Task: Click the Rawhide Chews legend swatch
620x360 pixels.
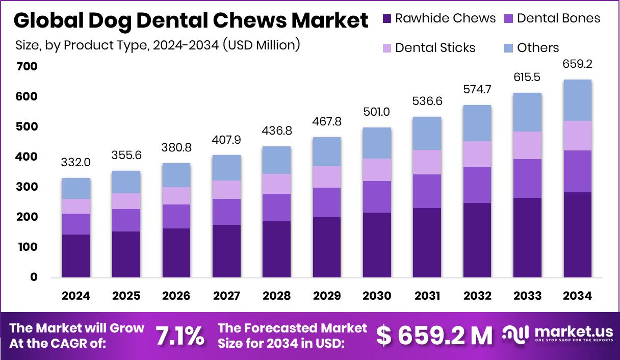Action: (x=386, y=19)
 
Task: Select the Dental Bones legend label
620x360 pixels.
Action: (x=558, y=19)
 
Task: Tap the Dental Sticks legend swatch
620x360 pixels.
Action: (x=386, y=48)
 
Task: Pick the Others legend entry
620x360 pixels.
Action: (x=538, y=48)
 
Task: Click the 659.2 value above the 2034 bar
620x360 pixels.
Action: (x=577, y=64)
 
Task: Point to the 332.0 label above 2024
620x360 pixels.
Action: (x=76, y=163)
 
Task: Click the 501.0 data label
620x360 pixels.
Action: (x=377, y=112)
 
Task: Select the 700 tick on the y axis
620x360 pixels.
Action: (x=27, y=67)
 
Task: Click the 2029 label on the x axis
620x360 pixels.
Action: (x=327, y=296)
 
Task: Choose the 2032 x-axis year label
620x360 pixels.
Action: (x=477, y=296)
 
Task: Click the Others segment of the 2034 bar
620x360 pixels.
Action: (x=577, y=100)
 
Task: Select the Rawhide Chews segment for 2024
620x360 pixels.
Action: (x=76, y=256)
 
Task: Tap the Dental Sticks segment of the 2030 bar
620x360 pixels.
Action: (x=377, y=170)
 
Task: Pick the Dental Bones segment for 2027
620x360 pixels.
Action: (x=226, y=212)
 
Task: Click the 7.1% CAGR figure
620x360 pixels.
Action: (x=179, y=336)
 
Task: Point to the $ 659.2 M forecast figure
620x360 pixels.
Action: (x=434, y=336)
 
